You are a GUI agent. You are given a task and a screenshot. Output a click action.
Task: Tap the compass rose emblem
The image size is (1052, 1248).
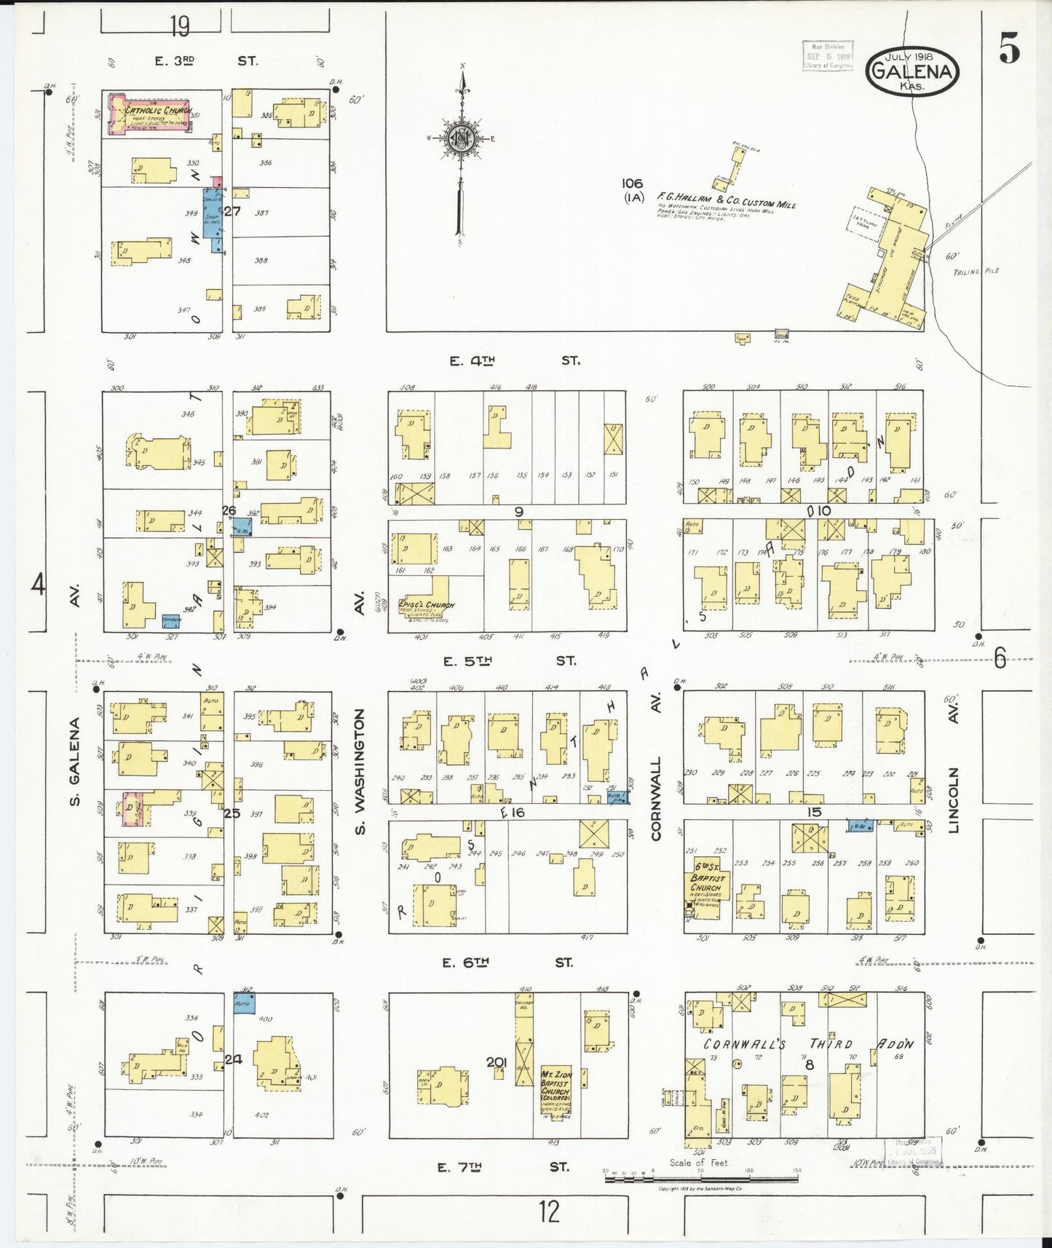coord(460,138)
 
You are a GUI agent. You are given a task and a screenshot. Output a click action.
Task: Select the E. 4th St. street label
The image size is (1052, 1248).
coord(514,360)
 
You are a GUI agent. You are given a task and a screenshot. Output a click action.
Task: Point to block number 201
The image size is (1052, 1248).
coord(497,1062)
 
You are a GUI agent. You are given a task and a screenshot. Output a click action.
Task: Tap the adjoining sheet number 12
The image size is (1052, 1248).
coord(549,1213)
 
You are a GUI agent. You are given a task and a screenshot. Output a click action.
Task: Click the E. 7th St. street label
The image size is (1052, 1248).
coord(502,1167)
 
